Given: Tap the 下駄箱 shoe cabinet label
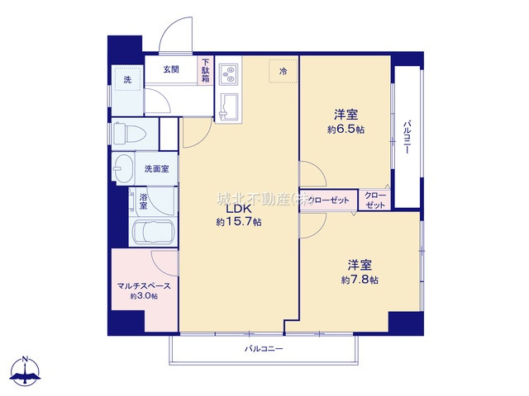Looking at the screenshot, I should tap(205, 70).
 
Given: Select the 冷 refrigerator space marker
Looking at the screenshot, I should tap(282, 73).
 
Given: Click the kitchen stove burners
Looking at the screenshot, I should tap(228, 73).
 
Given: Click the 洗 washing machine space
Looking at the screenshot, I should tap(127, 80).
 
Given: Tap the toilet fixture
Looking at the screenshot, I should tap(125, 133).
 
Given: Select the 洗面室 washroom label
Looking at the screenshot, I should tap(156, 169).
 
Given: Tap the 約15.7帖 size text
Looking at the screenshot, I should tap(239, 223).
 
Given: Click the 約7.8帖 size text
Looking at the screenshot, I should tap(358, 280).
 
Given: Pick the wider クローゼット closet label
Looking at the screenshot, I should tap(327, 200).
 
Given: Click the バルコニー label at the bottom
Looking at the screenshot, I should tap(264, 349).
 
